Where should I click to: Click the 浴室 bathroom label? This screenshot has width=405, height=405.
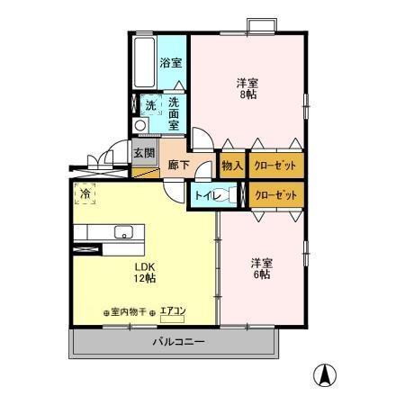170,63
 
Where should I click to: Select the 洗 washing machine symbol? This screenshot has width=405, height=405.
150,105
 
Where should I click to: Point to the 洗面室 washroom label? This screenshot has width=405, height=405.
174,114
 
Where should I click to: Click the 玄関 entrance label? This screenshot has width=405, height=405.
145,152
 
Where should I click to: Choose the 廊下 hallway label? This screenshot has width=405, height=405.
178,165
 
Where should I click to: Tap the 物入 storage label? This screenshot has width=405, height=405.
231,165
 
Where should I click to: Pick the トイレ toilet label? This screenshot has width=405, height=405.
205,194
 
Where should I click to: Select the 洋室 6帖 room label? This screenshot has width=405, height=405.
262,268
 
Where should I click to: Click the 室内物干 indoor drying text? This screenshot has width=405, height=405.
126,311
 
